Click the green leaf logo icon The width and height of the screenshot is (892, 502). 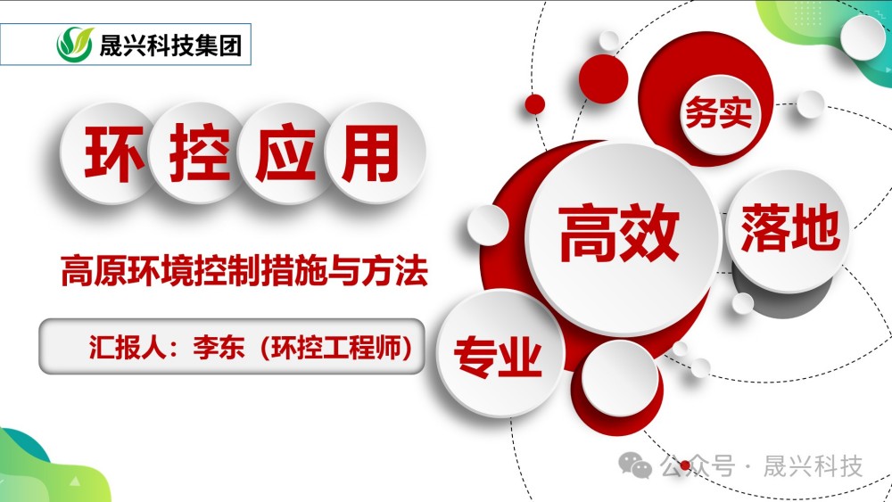pos(75,44)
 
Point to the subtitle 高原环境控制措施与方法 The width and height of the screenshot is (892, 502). pos(244,271)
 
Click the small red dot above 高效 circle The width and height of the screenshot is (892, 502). pos(534,103)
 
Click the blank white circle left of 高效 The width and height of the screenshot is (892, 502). pos(488,224)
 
